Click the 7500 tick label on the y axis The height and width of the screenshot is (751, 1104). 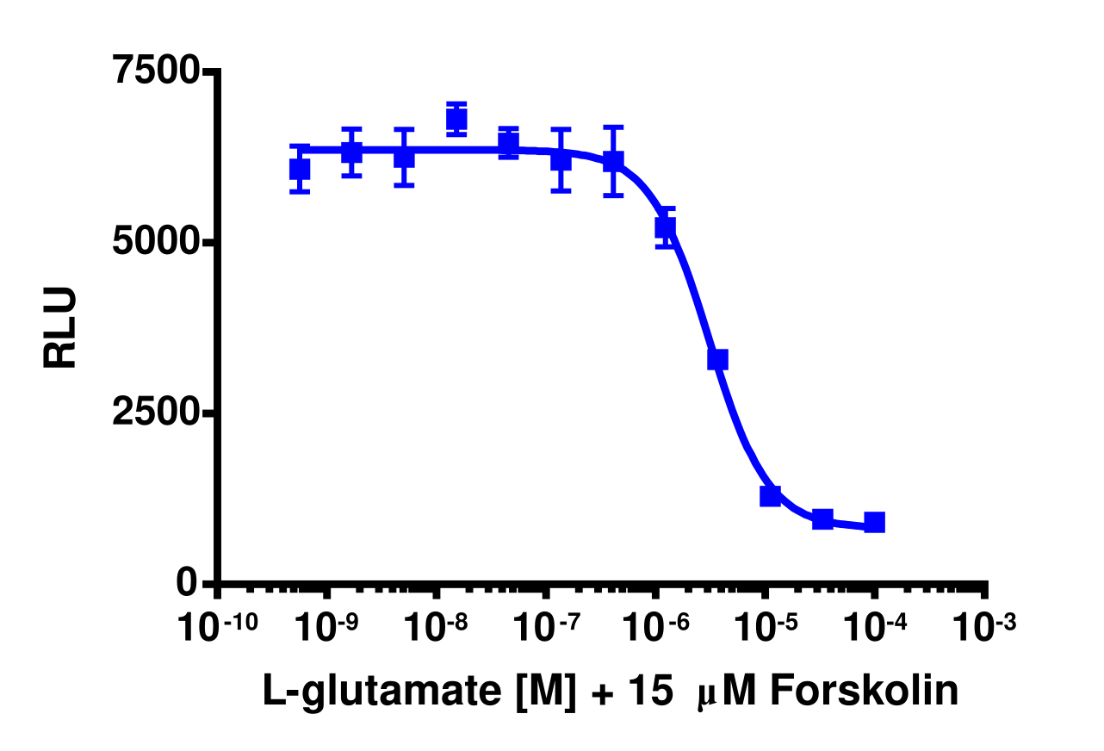click(x=158, y=71)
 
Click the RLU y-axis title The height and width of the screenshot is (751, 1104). click(x=60, y=328)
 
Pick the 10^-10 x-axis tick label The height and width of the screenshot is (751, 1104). click(x=216, y=627)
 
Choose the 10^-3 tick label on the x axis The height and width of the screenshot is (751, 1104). click(x=984, y=627)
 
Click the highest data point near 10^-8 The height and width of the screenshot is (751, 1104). click(x=456, y=119)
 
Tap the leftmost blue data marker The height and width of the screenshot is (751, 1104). click(x=300, y=169)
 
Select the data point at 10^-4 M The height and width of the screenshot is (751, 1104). click(x=875, y=522)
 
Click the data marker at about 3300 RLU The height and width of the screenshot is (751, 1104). click(x=717, y=359)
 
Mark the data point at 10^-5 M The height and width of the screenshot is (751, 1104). click(x=770, y=496)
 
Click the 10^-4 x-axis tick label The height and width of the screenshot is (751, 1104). click(x=875, y=627)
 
